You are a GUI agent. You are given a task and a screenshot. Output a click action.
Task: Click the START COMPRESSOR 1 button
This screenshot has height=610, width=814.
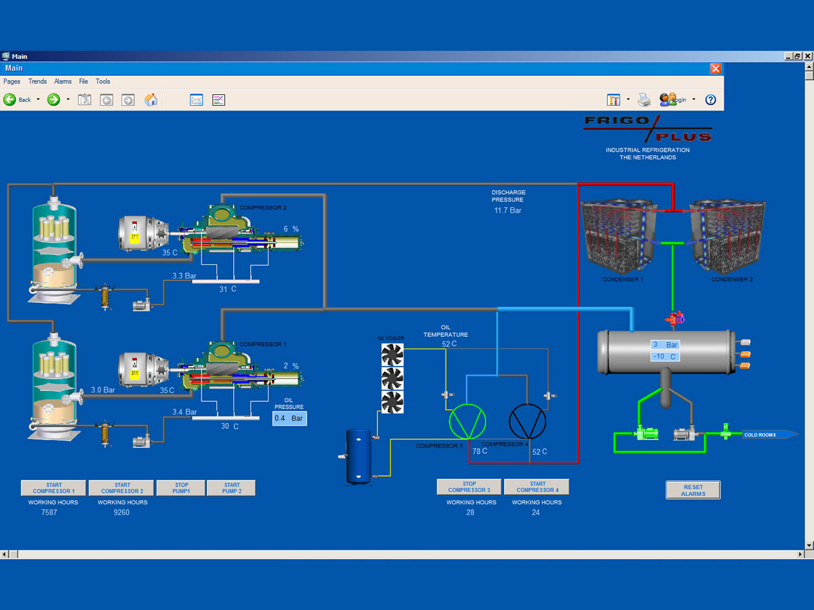click(x=53, y=488)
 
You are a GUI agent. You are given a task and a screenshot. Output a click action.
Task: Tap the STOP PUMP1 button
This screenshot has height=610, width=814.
click(x=181, y=488)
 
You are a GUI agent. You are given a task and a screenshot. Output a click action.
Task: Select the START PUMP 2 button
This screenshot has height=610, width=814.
click(x=231, y=488)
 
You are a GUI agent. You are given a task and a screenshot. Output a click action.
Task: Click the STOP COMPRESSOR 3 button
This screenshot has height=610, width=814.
click(x=469, y=487)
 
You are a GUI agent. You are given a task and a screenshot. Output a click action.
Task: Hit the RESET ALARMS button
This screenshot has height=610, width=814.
click(x=693, y=490)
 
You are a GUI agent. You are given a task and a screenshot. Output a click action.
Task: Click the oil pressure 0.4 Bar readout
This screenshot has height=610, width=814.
click(x=290, y=418)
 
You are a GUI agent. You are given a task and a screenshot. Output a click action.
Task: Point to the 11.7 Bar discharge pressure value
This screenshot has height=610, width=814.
click(x=507, y=211)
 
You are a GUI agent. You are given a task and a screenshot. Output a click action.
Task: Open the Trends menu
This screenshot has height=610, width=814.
click(x=37, y=81)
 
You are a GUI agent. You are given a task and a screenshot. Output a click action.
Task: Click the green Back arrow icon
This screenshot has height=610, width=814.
click(x=9, y=100)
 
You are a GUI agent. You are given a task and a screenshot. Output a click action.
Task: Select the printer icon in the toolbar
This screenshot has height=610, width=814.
click(x=644, y=100)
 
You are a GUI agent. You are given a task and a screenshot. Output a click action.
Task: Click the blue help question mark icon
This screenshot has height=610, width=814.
click(x=710, y=100)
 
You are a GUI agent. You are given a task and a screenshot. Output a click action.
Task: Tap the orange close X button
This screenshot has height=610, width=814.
click(x=716, y=68)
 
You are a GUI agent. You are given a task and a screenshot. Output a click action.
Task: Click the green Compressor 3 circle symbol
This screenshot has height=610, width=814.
click(x=468, y=422)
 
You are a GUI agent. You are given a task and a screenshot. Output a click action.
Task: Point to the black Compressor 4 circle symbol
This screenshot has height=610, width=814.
click(x=527, y=422)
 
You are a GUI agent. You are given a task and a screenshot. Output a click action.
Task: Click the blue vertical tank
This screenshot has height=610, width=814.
click(x=359, y=455)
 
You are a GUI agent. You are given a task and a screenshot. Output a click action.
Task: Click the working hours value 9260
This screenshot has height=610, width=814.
click(x=122, y=512)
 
